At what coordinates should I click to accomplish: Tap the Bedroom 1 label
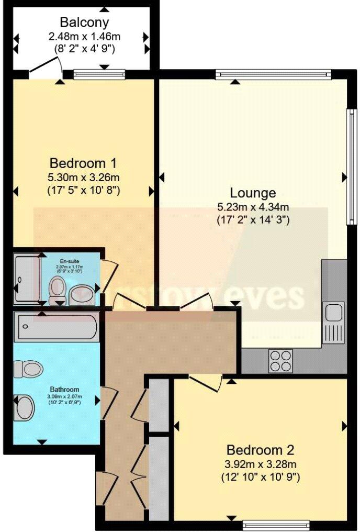coord(83,161)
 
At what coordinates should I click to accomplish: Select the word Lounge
coord(254,193)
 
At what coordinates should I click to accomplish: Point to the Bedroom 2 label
coord(260,450)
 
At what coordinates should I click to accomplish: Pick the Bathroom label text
coord(64,390)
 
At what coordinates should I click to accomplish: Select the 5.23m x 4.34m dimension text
coord(253,207)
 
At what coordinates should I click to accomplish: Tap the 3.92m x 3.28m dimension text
coord(260,463)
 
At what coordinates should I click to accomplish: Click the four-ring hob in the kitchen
coord(281,360)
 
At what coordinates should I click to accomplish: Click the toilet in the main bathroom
coord(27,368)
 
